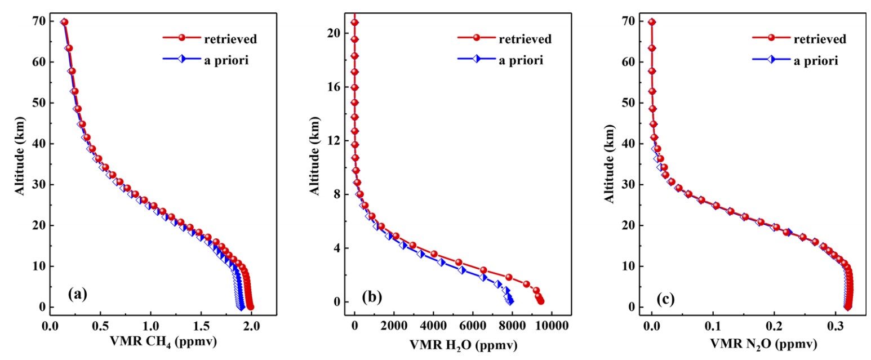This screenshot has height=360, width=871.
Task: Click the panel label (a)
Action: pos(77,294)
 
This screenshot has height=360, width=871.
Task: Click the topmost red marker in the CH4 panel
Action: pos(64,22)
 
